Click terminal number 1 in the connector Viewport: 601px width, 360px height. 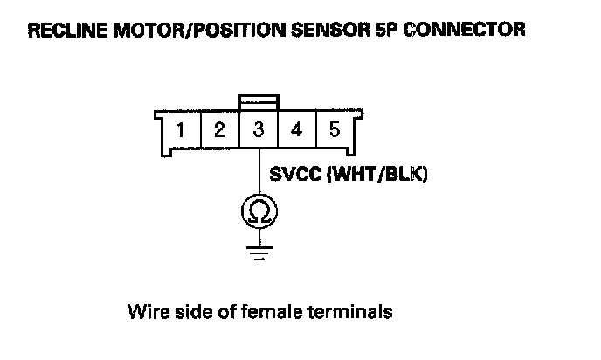coord(180,132)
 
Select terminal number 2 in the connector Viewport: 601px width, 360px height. coord(219,132)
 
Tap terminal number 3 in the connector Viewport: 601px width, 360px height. coord(259,132)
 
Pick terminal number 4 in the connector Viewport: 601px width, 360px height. coord(297,132)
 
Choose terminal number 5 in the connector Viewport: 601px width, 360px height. coord(335,132)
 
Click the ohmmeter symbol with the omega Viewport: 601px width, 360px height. coord(259,211)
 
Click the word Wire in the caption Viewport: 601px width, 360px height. coord(146,311)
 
